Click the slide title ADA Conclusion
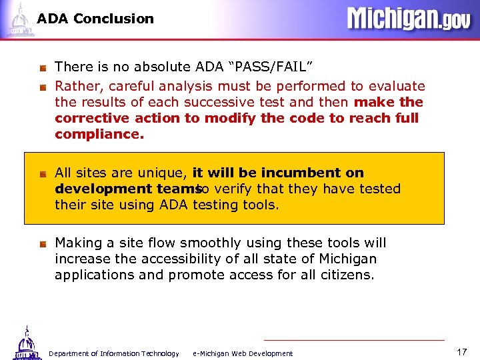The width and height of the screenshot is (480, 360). pos(95,19)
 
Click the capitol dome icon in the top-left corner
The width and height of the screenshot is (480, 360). pos(19,19)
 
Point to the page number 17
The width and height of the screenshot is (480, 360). pos(462,351)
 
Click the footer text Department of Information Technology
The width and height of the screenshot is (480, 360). pos(114,353)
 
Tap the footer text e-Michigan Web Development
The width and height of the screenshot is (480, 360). pos(242,353)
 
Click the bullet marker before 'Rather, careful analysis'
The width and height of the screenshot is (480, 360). pos(42,87)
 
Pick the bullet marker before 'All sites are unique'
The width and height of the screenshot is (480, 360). pos(42,173)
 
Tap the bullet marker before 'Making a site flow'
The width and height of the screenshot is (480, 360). pos(42,243)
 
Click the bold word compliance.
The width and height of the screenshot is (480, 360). pos(99,134)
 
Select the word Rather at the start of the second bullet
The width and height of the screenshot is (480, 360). pos(76,86)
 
